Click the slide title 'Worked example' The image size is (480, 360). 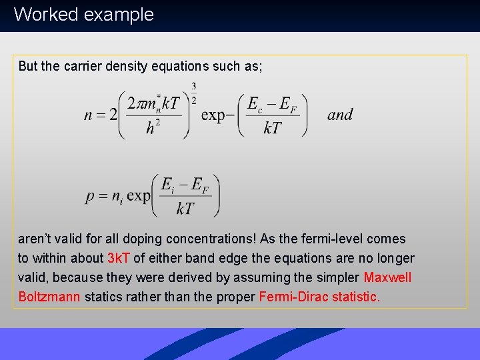pos(83,15)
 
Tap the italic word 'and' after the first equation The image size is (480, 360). pos(340,115)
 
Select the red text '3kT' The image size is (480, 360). pos(119,258)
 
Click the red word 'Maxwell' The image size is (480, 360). pos(388,277)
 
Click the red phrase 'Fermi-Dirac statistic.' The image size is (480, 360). pos(319,297)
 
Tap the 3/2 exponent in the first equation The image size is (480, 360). pos(193,93)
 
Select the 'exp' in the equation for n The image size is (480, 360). pos(213,115)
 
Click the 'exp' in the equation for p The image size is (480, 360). pos(139,196)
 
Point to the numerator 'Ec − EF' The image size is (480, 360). pos(272,104)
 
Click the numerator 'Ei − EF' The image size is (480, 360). pos(185,186)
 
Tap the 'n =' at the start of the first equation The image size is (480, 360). pos(96,115)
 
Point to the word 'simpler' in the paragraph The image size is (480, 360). pos(337,277)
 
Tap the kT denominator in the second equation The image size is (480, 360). pos(185,209)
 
